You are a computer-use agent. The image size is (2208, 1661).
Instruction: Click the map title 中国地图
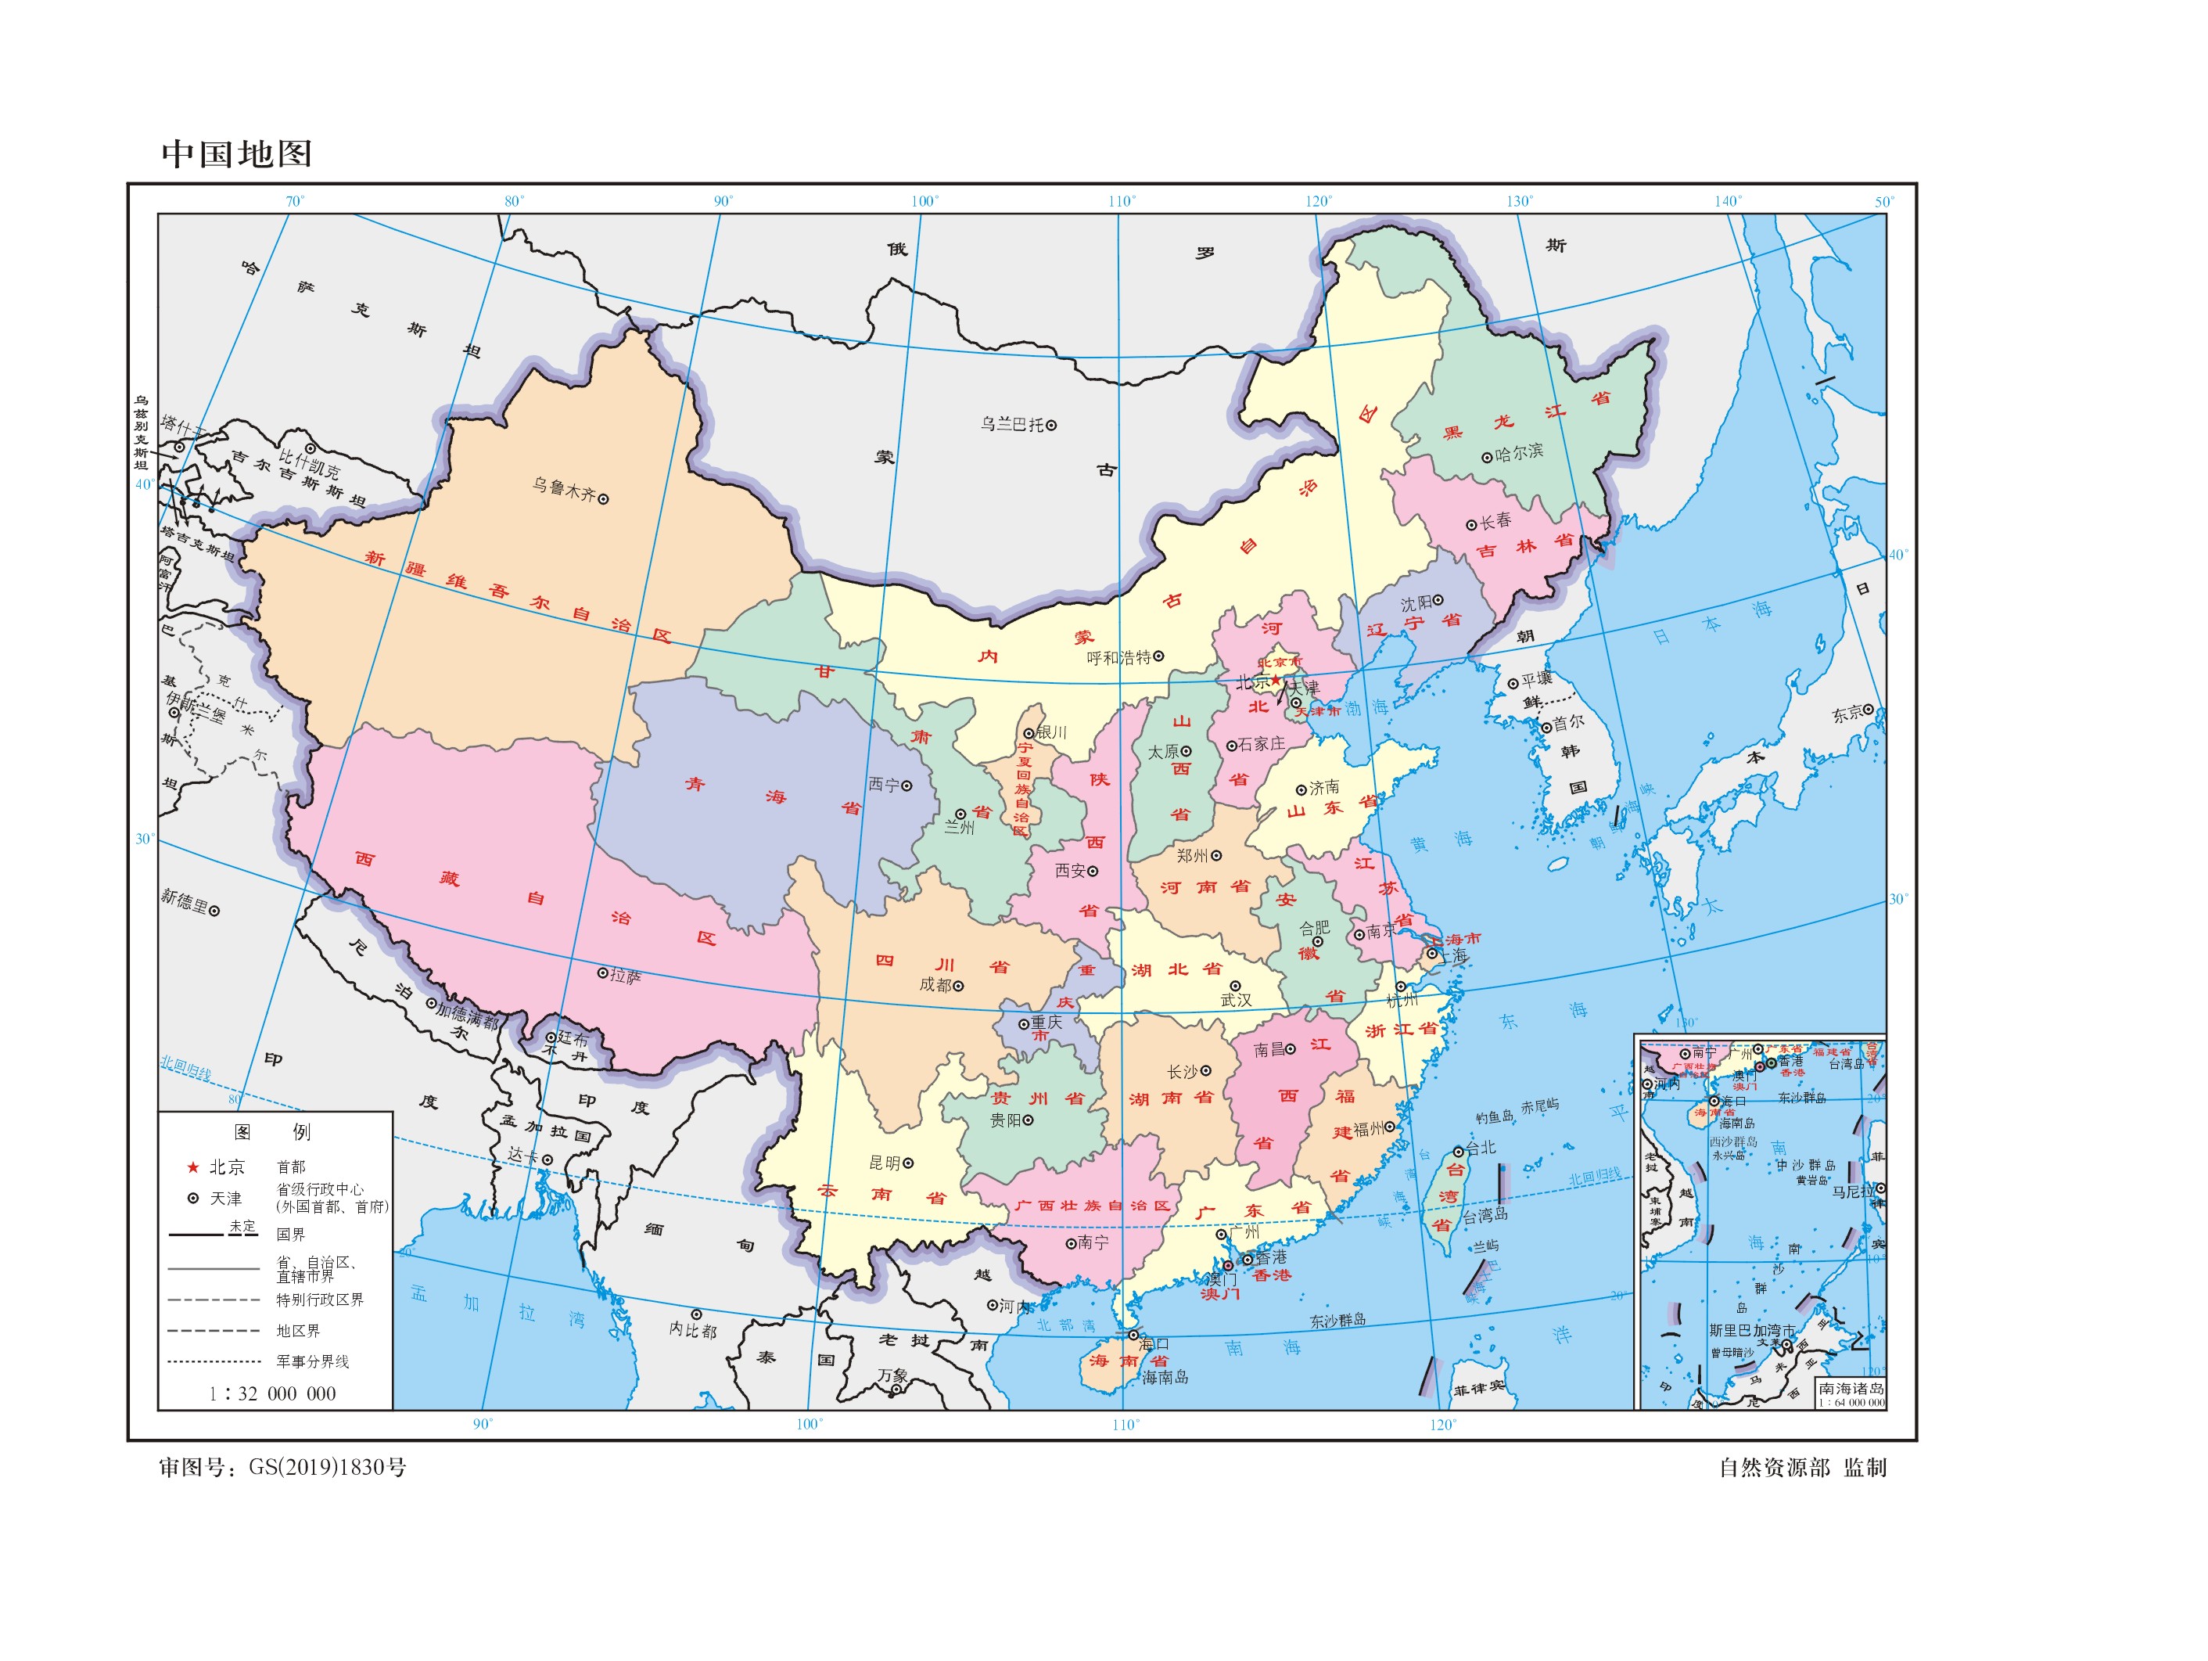coord(236,153)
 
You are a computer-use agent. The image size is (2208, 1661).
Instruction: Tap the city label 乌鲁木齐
coord(563,490)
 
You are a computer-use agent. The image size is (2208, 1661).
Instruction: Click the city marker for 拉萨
coord(602,973)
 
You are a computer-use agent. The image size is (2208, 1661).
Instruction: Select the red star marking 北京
coord(1275,680)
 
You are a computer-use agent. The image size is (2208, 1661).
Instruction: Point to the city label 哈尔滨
coord(1519,452)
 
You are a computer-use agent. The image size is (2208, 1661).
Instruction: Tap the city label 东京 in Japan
coord(1847,714)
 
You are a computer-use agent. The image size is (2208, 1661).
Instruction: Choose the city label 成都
coord(935,984)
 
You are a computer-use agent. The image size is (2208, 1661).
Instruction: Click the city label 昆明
coord(885,1163)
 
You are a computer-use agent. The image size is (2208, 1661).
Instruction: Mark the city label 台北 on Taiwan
coord(1481,1148)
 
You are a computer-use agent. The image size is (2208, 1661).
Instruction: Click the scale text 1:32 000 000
coord(271,1393)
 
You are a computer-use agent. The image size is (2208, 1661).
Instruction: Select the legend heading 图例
coord(271,1132)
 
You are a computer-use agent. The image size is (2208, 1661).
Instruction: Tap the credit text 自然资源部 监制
coord(1802,1467)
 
